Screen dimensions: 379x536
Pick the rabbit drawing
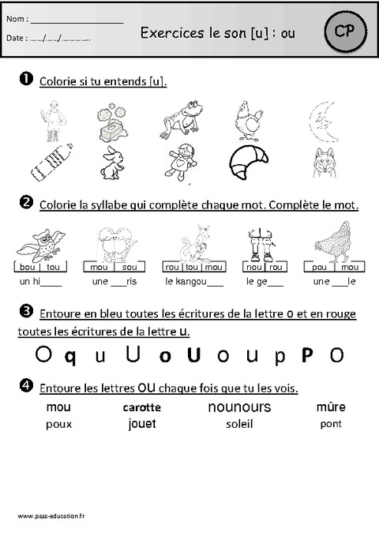[x=111, y=163]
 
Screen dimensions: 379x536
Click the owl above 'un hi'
[x=42, y=240]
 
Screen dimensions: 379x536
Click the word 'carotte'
[x=142, y=407]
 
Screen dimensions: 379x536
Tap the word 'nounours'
[x=239, y=407]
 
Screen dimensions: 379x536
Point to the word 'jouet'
[x=141, y=424]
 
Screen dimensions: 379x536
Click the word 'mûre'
[x=331, y=407]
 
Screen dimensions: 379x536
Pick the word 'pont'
[x=331, y=424]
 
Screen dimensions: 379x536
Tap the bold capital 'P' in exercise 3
[x=307, y=354]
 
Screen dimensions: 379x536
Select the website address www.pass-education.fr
[x=51, y=515]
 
